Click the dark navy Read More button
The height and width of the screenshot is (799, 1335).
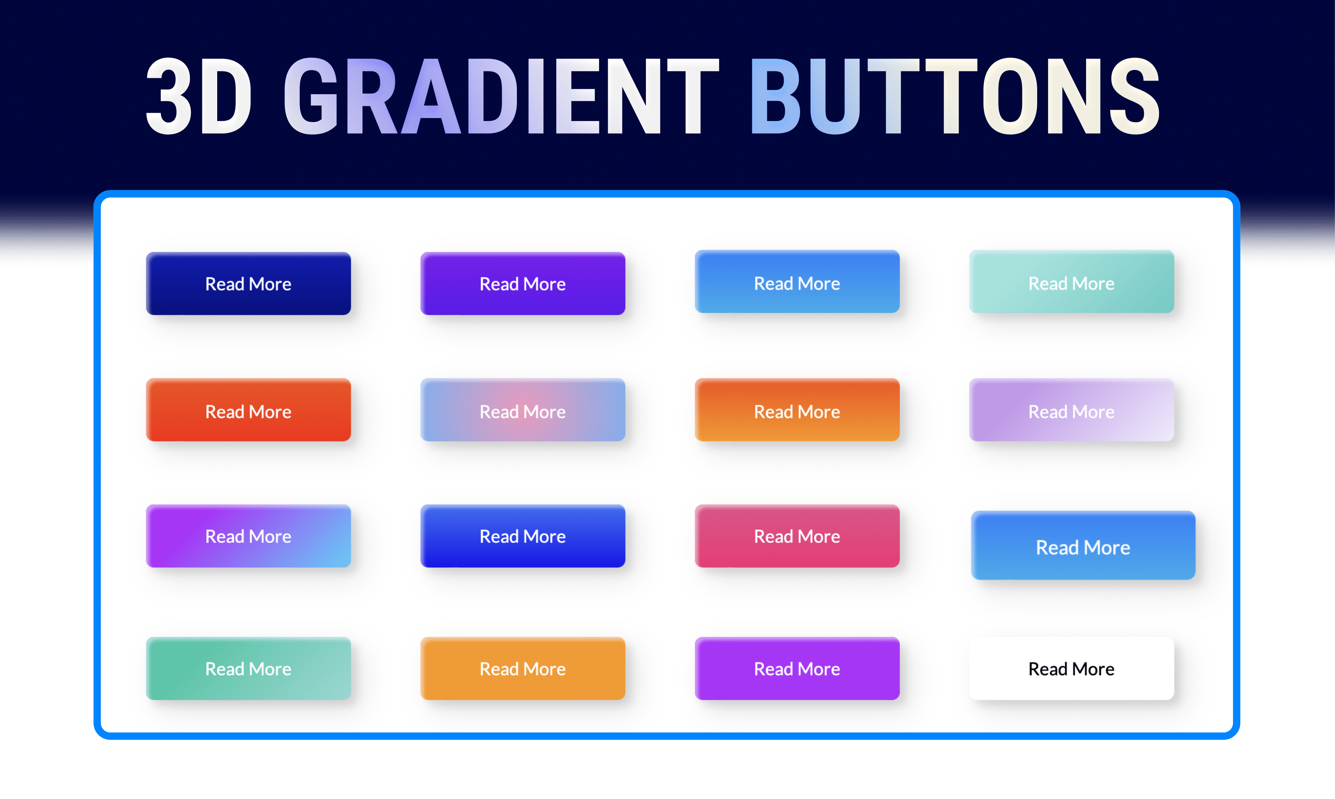tap(248, 284)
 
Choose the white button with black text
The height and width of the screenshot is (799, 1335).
tap(1071, 669)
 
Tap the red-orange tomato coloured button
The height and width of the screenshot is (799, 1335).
tap(248, 411)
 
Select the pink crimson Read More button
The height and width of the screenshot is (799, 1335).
tap(797, 536)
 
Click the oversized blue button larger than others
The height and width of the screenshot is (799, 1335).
tap(1083, 547)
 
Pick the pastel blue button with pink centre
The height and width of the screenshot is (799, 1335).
tap(522, 411)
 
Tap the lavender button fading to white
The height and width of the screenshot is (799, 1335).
tap(1071, 411)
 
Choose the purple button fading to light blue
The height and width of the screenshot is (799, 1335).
tap(248, 536)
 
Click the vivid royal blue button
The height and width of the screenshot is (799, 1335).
tap(522, 536)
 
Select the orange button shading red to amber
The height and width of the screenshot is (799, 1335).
tap(797, 411)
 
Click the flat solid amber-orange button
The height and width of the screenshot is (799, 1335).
tap(522, 669)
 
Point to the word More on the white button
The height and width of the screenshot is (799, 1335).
tap(1093, 669)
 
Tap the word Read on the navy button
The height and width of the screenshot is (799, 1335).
tap(225, 284)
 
